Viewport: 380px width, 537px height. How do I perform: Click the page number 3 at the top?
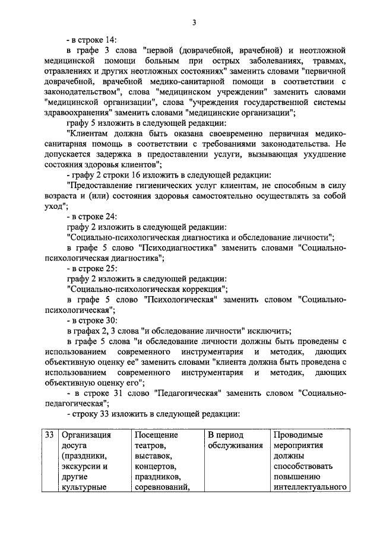tap(194, 23)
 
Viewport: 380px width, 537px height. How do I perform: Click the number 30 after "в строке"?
tap(110, 320)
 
